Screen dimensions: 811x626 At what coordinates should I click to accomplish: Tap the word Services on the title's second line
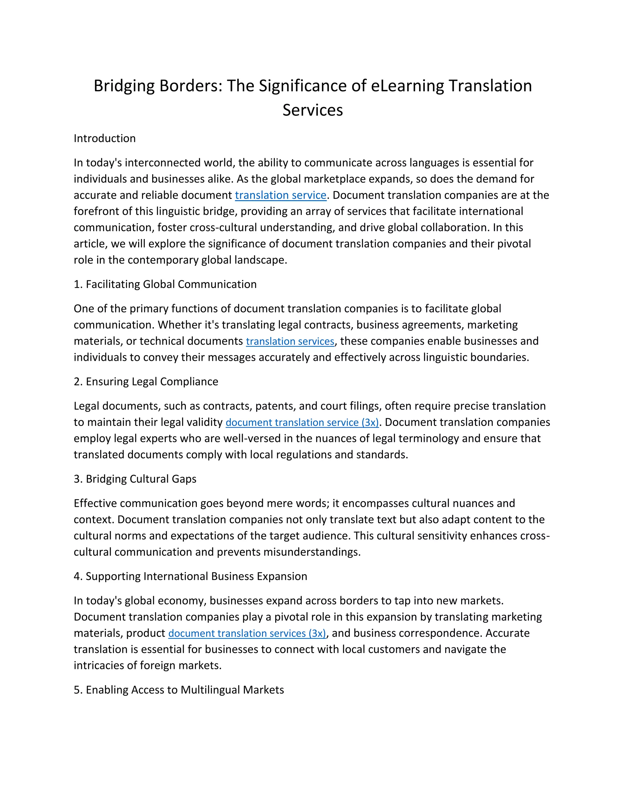pos(313,110)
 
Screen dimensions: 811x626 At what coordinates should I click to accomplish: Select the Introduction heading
pos(105,139)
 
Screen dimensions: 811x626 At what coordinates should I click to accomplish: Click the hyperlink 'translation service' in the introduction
pos(280,195)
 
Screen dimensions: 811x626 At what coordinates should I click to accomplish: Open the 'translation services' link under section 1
pos(290,341)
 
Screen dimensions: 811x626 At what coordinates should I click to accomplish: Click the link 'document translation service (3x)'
pos(302,423)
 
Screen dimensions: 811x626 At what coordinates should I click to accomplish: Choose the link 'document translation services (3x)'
pos(247,633)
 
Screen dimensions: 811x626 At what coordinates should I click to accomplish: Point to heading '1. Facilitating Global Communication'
pos(165,284)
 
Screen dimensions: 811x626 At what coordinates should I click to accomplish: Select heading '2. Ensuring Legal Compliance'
pos(146,382)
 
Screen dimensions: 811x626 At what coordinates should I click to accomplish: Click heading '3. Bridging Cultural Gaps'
pos(135,479)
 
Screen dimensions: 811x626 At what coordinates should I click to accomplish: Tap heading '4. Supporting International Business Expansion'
pos(190,576)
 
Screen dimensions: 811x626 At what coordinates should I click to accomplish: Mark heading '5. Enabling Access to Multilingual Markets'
pos(179,690)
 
